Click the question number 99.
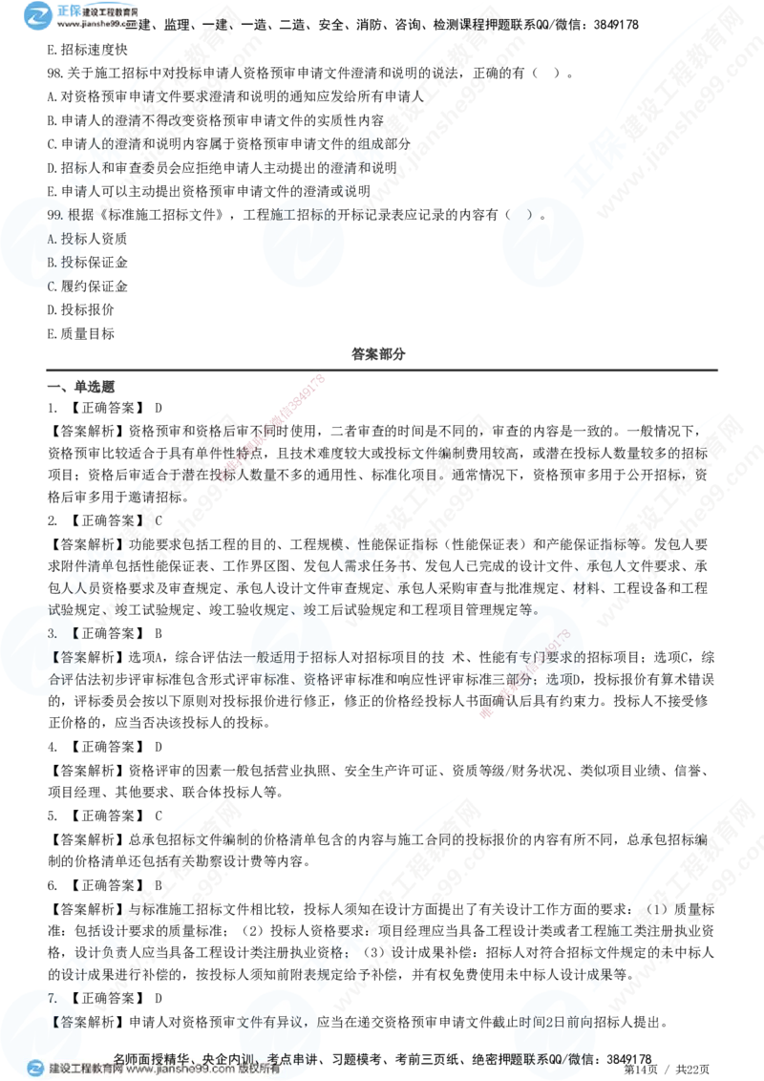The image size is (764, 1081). [54, 216]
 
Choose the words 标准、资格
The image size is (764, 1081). [296, 682]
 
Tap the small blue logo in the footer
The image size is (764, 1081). [35, 1069]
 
